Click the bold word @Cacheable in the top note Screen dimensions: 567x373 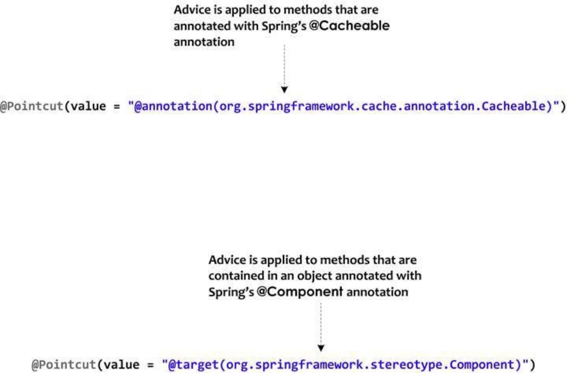pos(358,26)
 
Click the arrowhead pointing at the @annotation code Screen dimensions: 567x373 pos(284,89)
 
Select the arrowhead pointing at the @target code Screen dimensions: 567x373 pos(321,346)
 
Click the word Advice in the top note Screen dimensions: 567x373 pos(190,10)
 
